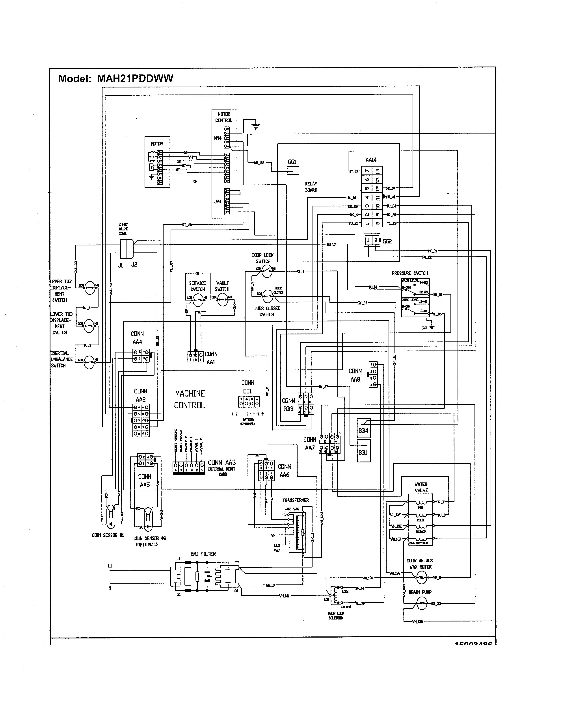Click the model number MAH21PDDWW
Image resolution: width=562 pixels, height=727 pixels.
pyautogui.click(x=135, y=79)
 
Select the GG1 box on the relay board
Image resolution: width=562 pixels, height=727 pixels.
pyautogui.click(x=293, y=171)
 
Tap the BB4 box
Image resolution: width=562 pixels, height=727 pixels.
pyautogui.click(x=363, y=430)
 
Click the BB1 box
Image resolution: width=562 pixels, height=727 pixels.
pyautogui.click(x=363, y=452)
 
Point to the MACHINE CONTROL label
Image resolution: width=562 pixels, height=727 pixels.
pyautogui.click(x=190, y=399)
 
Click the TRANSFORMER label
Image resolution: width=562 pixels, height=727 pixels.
pyautogui.click(x=296, y=500)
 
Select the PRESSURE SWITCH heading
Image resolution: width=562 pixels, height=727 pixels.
pyautogui.click(x=410, y=273)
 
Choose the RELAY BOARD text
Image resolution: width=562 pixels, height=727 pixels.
pyautogui.click(x=311, y=186)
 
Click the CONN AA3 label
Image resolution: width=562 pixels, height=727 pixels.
pyautogui.click(x=222, y=462)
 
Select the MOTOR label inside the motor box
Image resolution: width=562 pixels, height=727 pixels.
pyautogui.click(x=157, y=144)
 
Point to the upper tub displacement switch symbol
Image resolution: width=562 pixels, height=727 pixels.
pyautogui.click(x=89, y=287)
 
